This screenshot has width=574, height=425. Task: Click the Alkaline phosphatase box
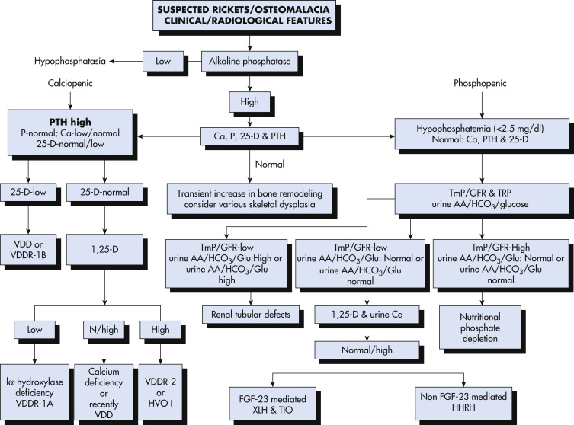(x=250, y=62)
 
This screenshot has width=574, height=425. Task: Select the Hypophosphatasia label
(x=70, y=61)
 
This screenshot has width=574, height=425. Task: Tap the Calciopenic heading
(x=70, y=83)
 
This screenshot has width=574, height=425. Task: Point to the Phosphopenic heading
(x=480, y=83)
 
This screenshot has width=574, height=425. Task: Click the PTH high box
(x=70, y=133)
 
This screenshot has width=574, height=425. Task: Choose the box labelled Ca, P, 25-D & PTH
(x=250, y=136)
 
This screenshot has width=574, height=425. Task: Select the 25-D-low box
(x=28, y=192)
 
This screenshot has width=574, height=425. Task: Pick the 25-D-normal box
(x=104, y=192)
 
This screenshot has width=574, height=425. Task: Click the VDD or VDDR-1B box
(x=28, y=250)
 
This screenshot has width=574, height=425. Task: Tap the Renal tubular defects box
(x=251, y=315)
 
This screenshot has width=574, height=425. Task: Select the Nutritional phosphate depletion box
(x=480, y=327)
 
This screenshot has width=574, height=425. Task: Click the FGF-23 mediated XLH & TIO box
(x=273, y=404)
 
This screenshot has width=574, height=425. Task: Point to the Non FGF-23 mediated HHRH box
(x=463, y=402)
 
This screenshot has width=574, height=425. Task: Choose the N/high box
(x=104, y=330)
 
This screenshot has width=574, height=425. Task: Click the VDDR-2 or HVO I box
(x=160, y=392)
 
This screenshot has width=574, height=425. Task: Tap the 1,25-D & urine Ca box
(x=367, y=315)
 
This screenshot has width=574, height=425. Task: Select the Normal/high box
(x=367, y=350)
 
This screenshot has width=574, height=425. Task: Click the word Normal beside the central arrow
(x=270, y=165)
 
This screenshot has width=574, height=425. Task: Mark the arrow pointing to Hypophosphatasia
(x=127, y=62)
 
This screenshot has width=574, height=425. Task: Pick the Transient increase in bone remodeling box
(x=250, y=199)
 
